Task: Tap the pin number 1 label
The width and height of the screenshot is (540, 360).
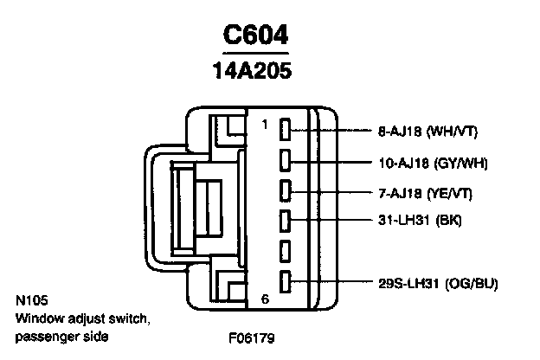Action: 265,125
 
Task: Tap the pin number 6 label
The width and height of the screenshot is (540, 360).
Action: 265,299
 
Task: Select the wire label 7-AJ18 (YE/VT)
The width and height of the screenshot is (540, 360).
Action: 427,191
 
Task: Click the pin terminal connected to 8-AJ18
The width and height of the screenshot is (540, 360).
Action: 285,131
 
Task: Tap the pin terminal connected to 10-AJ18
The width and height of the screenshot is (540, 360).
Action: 285,161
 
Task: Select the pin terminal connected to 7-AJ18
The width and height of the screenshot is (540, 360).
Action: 285,190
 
